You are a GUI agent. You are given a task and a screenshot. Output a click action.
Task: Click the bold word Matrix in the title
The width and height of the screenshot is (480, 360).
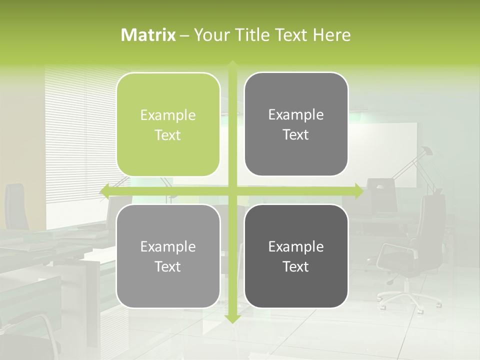click(148, 35)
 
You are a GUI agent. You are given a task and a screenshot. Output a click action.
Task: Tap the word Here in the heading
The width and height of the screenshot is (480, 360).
click(331, 35)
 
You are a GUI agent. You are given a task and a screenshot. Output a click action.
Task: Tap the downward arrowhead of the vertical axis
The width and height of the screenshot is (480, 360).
click(232, 318)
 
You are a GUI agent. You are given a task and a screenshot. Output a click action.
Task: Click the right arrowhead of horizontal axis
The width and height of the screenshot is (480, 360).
click(358, 191)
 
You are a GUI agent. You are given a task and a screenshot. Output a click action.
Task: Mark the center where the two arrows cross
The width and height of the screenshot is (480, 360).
click(232, 191)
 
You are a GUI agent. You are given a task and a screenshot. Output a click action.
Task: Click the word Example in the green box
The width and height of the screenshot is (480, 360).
click(168, 115)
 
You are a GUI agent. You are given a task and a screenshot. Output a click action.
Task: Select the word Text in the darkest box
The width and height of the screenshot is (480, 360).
click(296, 266)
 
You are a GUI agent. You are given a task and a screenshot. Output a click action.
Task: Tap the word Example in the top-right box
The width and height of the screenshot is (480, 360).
click(296, 115)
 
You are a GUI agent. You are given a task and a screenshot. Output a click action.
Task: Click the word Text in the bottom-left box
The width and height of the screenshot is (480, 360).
click(168, 266)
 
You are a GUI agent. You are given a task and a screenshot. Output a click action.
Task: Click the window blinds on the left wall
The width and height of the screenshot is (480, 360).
click(75, 130)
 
